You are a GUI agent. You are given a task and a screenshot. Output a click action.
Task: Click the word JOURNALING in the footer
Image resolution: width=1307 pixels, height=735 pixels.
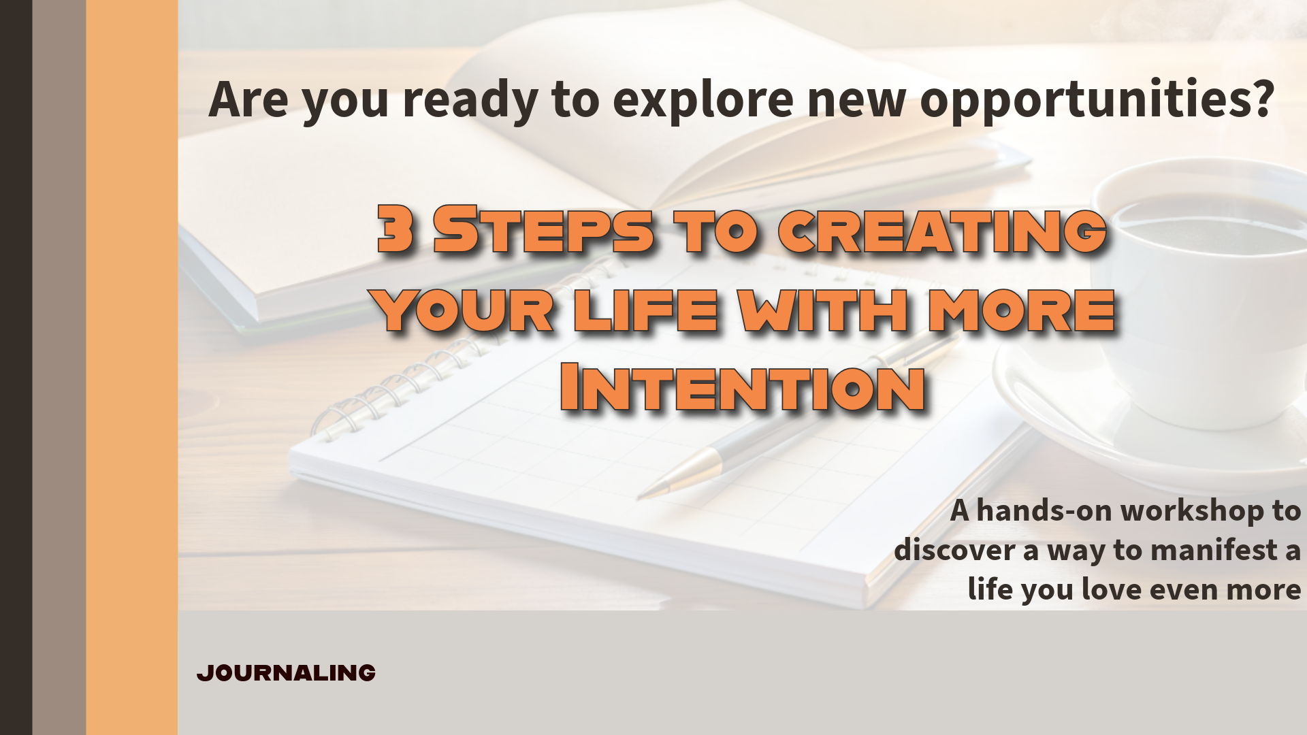(x=286, y=672)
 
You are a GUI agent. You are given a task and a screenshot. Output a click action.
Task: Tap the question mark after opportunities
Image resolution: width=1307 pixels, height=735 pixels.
(x=1261, y=97)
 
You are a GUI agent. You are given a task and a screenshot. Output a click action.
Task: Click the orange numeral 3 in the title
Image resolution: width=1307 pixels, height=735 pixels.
(x=396, y=229)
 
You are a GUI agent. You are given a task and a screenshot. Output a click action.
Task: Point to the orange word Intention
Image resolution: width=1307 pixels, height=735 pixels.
(x=743, y=387)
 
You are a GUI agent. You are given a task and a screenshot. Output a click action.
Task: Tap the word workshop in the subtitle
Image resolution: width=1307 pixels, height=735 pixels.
(x=1192, y=510)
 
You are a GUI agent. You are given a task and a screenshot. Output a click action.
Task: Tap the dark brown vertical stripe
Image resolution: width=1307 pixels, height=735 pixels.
(x=16, y=367)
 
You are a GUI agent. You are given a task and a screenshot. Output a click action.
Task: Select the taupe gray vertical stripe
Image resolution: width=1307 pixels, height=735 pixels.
(x=59, y=367)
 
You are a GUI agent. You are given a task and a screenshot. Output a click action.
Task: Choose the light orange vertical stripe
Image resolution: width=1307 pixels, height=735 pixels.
(x=132, y=367)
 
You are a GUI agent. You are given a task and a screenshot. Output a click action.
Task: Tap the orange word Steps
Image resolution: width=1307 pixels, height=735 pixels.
(x=544, y=229)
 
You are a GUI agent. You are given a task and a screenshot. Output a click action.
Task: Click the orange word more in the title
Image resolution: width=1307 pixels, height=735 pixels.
(x=1022, y=310)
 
